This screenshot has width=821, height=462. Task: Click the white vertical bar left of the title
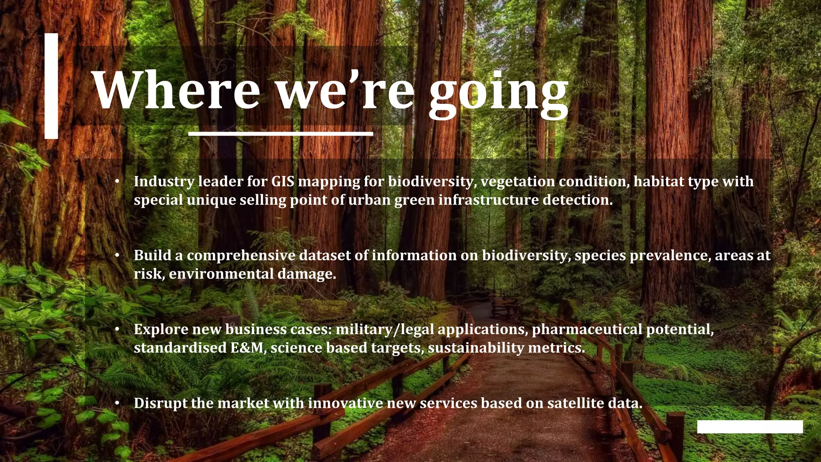[51, 86]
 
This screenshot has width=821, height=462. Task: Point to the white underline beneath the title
[281, 133]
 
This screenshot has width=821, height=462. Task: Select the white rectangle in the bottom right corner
[750, 427]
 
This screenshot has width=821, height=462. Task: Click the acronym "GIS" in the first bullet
[283, 181]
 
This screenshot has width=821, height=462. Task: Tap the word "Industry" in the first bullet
[164, 182]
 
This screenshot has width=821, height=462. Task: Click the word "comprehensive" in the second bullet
[241, 255]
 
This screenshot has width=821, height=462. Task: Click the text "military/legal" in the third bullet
[384, 329]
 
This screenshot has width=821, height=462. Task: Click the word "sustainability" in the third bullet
[476, 348]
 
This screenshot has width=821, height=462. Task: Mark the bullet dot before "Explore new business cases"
[117, 329]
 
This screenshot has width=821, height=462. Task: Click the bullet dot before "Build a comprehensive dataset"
[117, 255]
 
